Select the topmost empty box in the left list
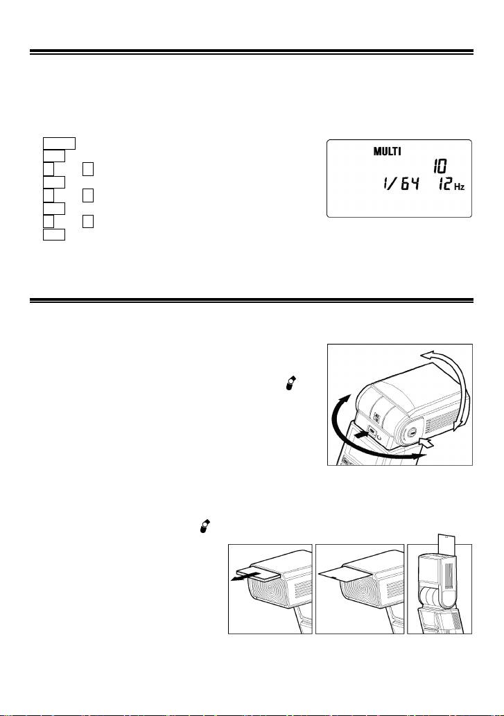pyautogui.click(x=58, y=143)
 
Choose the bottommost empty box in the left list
pyautogui.click(x=54, y=234)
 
